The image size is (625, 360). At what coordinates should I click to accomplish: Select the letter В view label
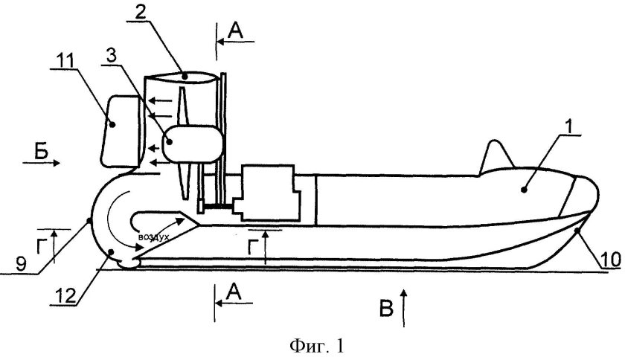point(386,308)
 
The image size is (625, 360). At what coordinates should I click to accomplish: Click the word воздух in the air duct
point(155,236)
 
